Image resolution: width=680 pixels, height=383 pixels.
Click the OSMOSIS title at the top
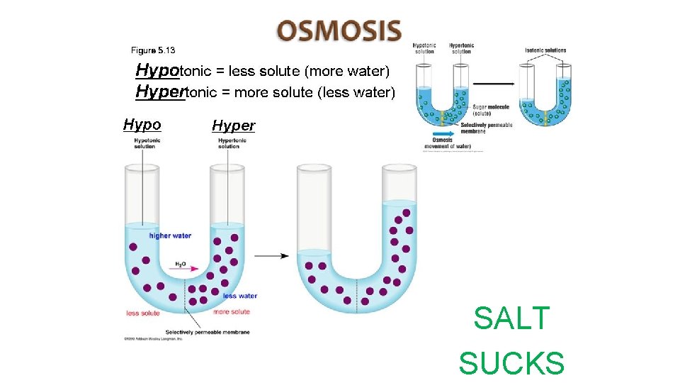coord(339,31)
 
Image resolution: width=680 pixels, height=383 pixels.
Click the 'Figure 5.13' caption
coord(153,50)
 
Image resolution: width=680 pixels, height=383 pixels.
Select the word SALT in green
coord(511,318)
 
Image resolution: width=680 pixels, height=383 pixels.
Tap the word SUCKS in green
coord(511,362)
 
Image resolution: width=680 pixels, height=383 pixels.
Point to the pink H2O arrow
coord(181,270)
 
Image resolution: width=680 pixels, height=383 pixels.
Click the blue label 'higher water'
coord(170,235)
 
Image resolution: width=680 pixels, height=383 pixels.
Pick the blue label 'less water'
coord(239,296)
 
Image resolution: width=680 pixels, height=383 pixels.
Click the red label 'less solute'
coord(143,313)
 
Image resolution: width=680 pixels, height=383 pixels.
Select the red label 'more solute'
coord(232,312)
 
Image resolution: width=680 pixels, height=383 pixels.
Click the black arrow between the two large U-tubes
coord(271,255)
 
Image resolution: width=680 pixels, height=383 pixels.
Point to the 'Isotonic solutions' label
coord(545,50)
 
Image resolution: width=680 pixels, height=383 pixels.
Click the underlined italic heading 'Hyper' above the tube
coord(233,127)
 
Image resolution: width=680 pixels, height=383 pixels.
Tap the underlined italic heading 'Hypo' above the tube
coord(142,126)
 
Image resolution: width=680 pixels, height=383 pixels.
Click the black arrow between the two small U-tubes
coord(494,84)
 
